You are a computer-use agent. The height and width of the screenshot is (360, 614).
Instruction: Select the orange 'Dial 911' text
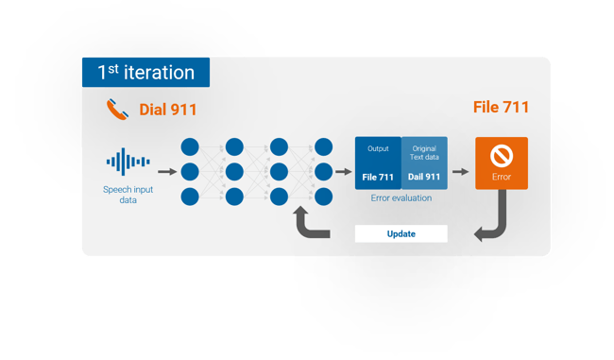coord(168,110)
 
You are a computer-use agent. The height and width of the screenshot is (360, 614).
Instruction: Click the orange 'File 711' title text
coord(501,108)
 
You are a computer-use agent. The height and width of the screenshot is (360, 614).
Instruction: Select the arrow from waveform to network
coord(166,172)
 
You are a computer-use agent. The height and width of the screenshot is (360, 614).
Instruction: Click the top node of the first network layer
coord(189,147)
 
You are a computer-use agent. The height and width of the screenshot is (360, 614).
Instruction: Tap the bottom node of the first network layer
coord(189,197)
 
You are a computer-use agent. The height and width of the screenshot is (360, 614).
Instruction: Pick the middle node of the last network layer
coord(323,172)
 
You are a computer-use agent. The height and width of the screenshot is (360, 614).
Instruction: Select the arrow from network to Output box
coord(344,172)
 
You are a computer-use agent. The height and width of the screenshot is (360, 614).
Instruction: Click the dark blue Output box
coord(378,163)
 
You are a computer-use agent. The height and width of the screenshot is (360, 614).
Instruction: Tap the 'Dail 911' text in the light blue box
coord(423,177)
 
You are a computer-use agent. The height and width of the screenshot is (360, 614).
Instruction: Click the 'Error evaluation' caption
coord(401,198)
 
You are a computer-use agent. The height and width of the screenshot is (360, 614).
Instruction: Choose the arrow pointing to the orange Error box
coord(461,172)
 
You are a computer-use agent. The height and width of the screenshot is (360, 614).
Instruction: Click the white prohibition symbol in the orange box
coord(501,155)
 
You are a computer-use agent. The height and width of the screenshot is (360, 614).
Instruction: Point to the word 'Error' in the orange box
coord(501,177)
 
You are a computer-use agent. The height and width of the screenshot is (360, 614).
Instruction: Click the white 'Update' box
coord(401,233)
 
